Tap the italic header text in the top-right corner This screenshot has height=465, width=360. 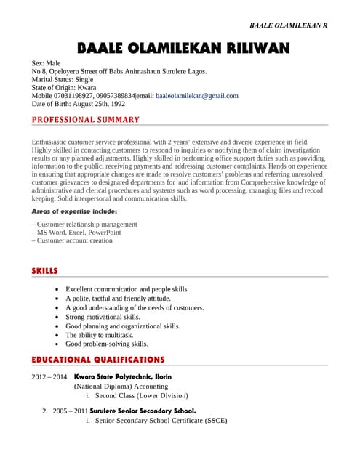[288, 25]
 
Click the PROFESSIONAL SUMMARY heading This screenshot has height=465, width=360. [86, 119]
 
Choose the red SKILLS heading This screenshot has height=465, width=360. [44, 271]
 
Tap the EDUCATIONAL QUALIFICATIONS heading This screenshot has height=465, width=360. [98, 360]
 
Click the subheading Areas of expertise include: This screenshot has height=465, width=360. [74, 211]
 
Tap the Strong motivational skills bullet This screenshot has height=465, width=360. [103, 317]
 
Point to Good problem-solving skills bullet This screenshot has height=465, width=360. [107, 344]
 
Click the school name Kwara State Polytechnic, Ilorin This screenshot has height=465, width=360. [123, 377]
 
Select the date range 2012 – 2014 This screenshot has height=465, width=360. [49, 377]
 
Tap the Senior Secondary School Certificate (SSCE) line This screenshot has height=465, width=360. [161, 421]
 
